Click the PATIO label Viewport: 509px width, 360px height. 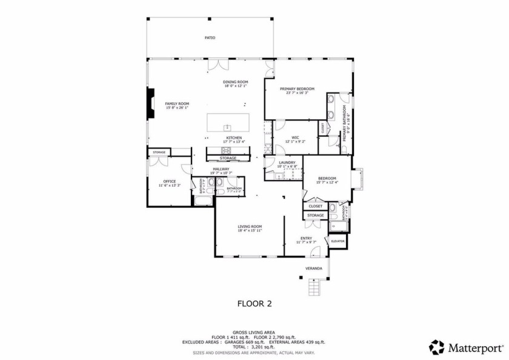pyautogui.click(x=210, y=38)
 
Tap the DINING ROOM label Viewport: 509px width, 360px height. pyautogui.click(x=236, y=82)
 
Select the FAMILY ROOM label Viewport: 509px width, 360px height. pyautogui.click(x=178, y=104)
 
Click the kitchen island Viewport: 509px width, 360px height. pyautogui.click(x=228, y=122)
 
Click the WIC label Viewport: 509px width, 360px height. pyautogui.click(x=295, y=138)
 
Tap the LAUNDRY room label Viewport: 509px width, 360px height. pyautogui.click(x=287, y=162)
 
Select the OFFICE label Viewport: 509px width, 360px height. pyautogui.click(x=169, y=181)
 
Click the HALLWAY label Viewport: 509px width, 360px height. pyautogui.click(x=221, y=169)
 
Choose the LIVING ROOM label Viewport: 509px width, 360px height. pyautogui.click(x=249, y=227)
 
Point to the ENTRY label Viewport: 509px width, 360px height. pyautogui.click(x=306, y=238)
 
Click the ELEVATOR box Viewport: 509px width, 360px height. pyautogui.click(x=338, y=241)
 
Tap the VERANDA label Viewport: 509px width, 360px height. pyautogui.click(x=313, y=268)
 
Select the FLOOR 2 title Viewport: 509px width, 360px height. pyautogui.click(x=254, y=304)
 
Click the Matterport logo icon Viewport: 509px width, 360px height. pyautogui.click(x=436, y=347)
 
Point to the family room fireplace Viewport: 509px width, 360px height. pyautogui.click(x=149, y=104)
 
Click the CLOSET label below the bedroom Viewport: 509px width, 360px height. pyautogui.click(x=316, y=206)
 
